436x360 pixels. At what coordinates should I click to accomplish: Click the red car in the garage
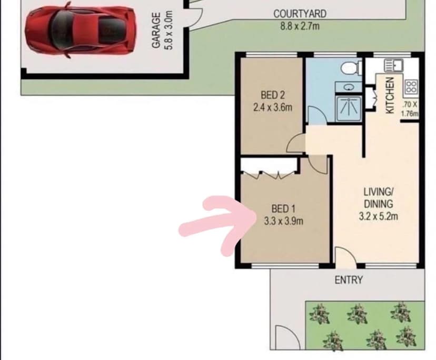pyautogui.click(x=79, y=31)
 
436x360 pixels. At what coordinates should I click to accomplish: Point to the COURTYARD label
pyautogui.click(x=300, y=14)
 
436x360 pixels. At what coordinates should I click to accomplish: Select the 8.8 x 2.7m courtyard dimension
pyautogui.click(x=300, y=25)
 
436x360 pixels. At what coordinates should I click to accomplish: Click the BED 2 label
pyautogui.click(x=273, y=96)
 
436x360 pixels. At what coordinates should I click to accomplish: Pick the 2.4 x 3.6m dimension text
pyautogui.click(x=273, y=107)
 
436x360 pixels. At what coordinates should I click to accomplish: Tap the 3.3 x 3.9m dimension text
pyautogui.click(x=283, y=221)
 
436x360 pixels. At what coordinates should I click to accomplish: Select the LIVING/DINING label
pyautogui.click(x=379, y=197)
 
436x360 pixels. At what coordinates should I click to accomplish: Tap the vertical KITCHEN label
pyautogui.click(x=390, y=95)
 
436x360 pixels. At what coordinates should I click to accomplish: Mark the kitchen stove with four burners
pyautogui.click(x=411, y=86)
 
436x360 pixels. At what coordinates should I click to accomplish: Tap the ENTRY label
pyautogui.click(x=349, y=280)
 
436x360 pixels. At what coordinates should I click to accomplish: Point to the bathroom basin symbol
pyautogui.click(x=349, y=87)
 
